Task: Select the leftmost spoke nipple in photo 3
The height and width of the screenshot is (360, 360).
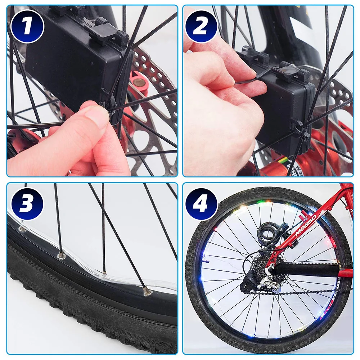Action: click(x=22, y=229)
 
